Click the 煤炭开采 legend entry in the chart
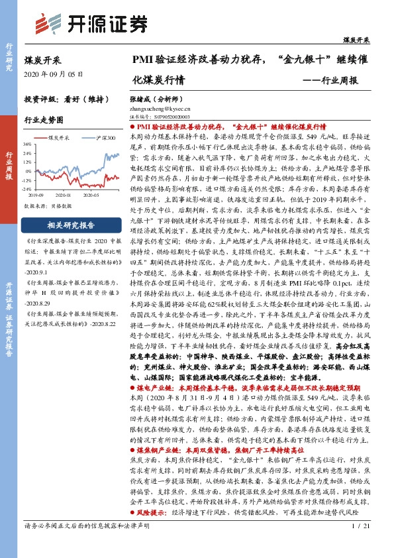point(59,138)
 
